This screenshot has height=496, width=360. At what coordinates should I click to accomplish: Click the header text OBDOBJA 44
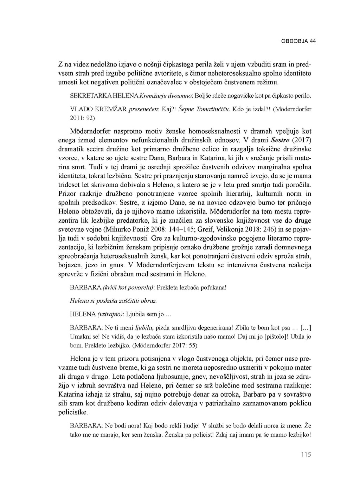[x=298, y=41]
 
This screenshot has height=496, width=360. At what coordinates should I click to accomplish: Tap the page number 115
[x=306, y=455]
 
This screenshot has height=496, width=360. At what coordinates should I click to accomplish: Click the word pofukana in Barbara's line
[x=213, y=287]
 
